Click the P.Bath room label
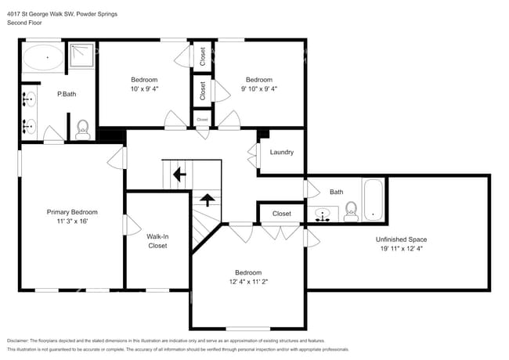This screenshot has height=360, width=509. (66, 95)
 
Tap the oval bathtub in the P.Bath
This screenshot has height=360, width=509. (43, 58)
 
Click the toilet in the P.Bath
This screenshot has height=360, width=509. (83, 128)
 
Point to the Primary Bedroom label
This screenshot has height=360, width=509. (72, 212)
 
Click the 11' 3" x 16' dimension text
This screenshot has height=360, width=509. (72, 221)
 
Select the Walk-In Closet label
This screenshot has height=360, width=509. (157, 241)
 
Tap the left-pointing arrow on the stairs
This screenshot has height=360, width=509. (179, 174)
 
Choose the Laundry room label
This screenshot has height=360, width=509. (281, 152)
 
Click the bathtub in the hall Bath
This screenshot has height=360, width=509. (373, 200)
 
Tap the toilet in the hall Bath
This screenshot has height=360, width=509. (351, 210)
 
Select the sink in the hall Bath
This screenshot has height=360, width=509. (323, 214)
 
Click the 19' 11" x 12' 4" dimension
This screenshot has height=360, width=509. (401, 249)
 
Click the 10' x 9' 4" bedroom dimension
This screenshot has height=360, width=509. (144, 88)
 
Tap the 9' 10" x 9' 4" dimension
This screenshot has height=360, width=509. (259, 88)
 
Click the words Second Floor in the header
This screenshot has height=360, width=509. (23, 23)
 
